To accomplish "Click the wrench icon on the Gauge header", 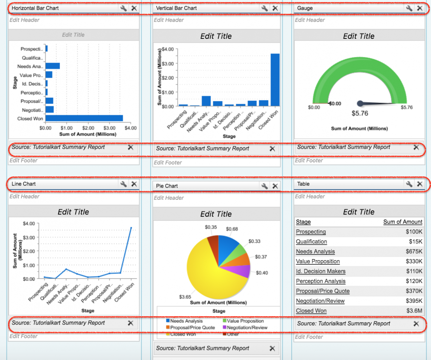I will click(409, 8).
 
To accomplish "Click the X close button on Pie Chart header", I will click(275, 186).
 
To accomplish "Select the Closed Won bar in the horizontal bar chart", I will click(84, 118).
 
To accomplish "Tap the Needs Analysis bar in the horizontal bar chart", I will click(52, 66).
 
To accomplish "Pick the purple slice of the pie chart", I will click(241, 271).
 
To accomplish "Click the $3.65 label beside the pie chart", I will click(186, 297).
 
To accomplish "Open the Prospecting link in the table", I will click(311, 232).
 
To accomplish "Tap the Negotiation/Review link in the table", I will click(320, 301).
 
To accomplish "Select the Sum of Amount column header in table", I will click(403, 222).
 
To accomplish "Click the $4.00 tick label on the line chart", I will click(29, 223).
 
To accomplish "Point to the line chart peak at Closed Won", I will click(131, 228).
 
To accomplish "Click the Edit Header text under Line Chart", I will click(24, 197).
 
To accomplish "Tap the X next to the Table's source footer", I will click(416, 323).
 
